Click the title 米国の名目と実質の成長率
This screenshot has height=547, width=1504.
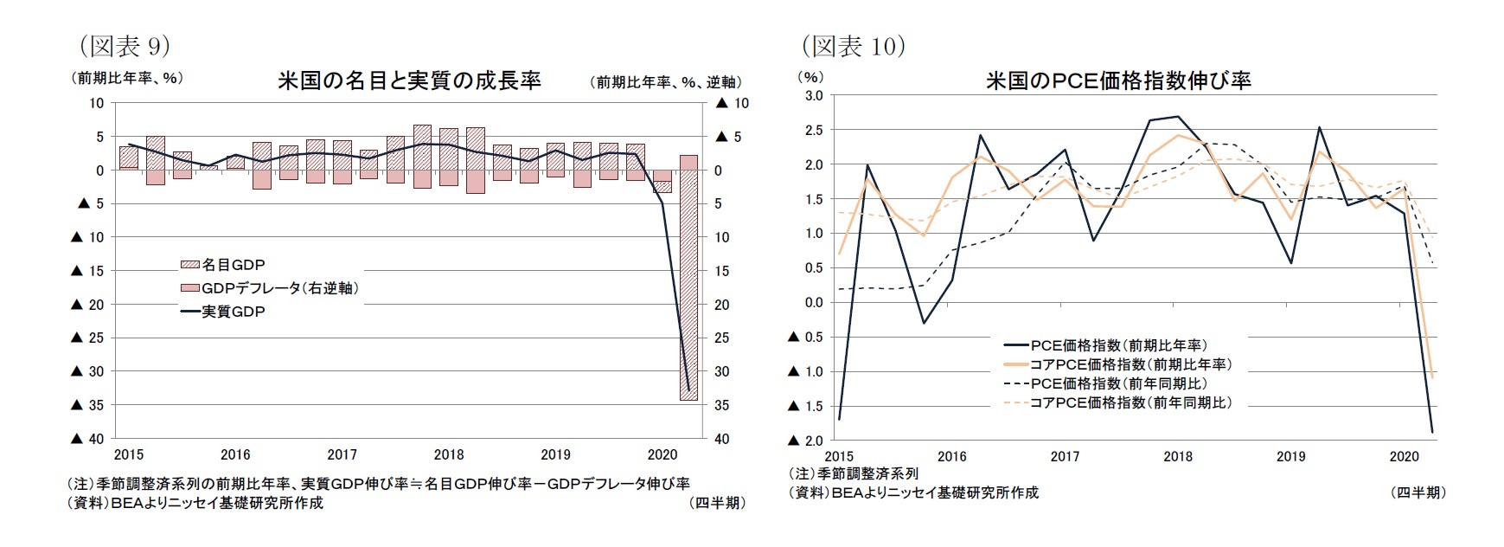pos(408,80)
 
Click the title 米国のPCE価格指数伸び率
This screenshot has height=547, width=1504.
pos(1117,80)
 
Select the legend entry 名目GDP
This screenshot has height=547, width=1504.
pos(222,265)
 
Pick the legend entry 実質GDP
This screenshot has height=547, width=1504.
pos(222,312)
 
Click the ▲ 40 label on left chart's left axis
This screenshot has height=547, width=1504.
pos(87,439)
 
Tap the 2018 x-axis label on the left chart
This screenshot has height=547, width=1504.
pos(449,454)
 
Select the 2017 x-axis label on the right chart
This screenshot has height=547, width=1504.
pos(1065,456)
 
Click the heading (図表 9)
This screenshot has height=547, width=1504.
pos(125,45)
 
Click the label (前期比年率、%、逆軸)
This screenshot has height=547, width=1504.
pos(667,82)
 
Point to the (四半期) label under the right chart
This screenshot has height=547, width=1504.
pos(1418,492)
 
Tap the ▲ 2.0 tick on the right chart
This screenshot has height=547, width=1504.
pos(805,441)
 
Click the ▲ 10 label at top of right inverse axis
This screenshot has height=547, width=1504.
pos(732,103)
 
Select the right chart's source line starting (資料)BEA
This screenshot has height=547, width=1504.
pos(913,492)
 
